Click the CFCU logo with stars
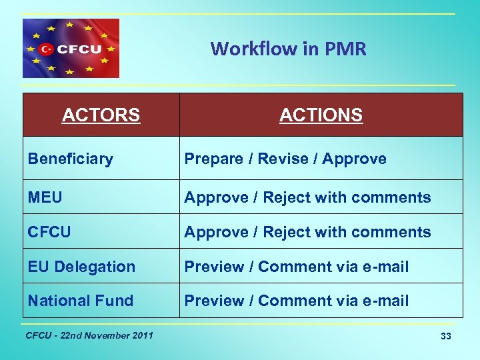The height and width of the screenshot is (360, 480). pyautogui.click(x=71, y=49)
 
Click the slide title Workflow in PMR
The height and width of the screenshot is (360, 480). pyautogui.click(x=288, y=49)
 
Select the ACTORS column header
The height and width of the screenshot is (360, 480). pyautogui.click(x=101, y=115)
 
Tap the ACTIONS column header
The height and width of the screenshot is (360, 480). pyautogui.click(x=321, y=115)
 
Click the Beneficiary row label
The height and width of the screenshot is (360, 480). pyautogui.click(x=70, y=159)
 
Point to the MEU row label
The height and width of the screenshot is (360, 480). pyautogui.click(x=45, y=197)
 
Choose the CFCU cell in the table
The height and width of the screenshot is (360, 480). pyautogui.click(x=49, y=232)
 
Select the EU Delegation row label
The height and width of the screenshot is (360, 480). pyautogui.click(x=81, y=267)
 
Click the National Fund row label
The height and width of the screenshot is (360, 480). pyautogui.click(x=80, y=301)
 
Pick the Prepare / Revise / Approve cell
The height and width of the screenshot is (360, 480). pyautogui.click(x=285, y=159)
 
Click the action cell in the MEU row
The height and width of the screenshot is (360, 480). pyautogui.click(x=307, y=197)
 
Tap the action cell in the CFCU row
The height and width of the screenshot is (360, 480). pyautogui.click(x=307, y=232)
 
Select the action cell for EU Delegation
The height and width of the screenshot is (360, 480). pyautogui.click(x=296, y=267)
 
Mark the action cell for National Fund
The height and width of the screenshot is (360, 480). pyautogui.click(x=296, y=301)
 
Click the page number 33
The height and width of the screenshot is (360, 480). pyautogui.click(x=445, y=337)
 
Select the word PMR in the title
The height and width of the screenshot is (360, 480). pyautogui.click(x=347, y=49)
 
